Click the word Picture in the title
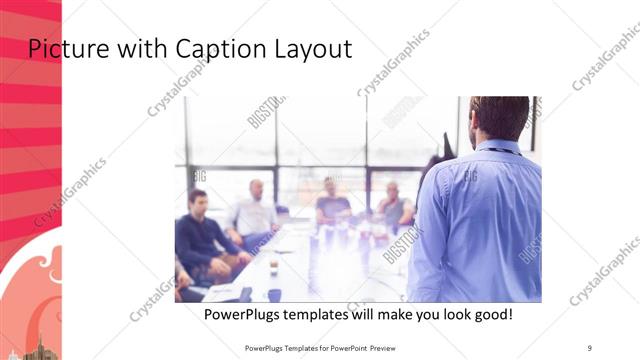[x=61, y=47]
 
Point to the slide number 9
[x=590, y=347]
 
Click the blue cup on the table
[x=274, y=294]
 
